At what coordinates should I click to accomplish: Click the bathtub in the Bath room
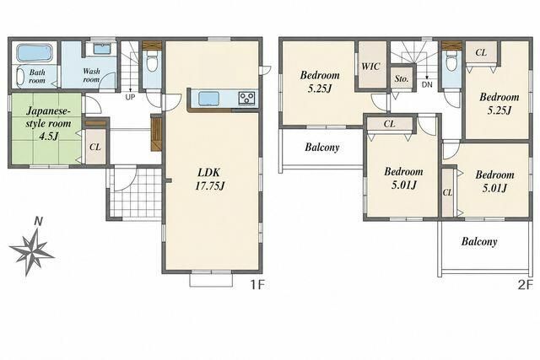pos(35,52)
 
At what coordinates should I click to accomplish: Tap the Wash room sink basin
pos(101,49)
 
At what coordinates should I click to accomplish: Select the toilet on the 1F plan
pos(152,61)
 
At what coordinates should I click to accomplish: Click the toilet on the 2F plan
pos(451,62)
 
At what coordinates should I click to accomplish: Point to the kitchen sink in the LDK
pos(208,98)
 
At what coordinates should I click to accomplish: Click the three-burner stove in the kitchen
pos(246,98)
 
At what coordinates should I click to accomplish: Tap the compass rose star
pos(32,250)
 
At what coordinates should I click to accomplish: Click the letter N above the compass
pos(39,221)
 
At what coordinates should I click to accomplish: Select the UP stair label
pos(130,98)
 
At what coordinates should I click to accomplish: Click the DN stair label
pos(427,84)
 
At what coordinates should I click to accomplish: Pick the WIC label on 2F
pos(370,66)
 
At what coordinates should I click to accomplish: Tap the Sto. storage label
pos(402,78)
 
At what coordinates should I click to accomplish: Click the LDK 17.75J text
pos(210,179)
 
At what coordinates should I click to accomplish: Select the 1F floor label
pos(256,285)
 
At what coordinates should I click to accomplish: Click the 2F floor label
pos(525,285)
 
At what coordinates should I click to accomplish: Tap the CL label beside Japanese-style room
pos(95,147)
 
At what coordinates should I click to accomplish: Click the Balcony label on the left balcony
pos(322,148)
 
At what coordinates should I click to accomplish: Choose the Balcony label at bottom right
pos(479,242)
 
